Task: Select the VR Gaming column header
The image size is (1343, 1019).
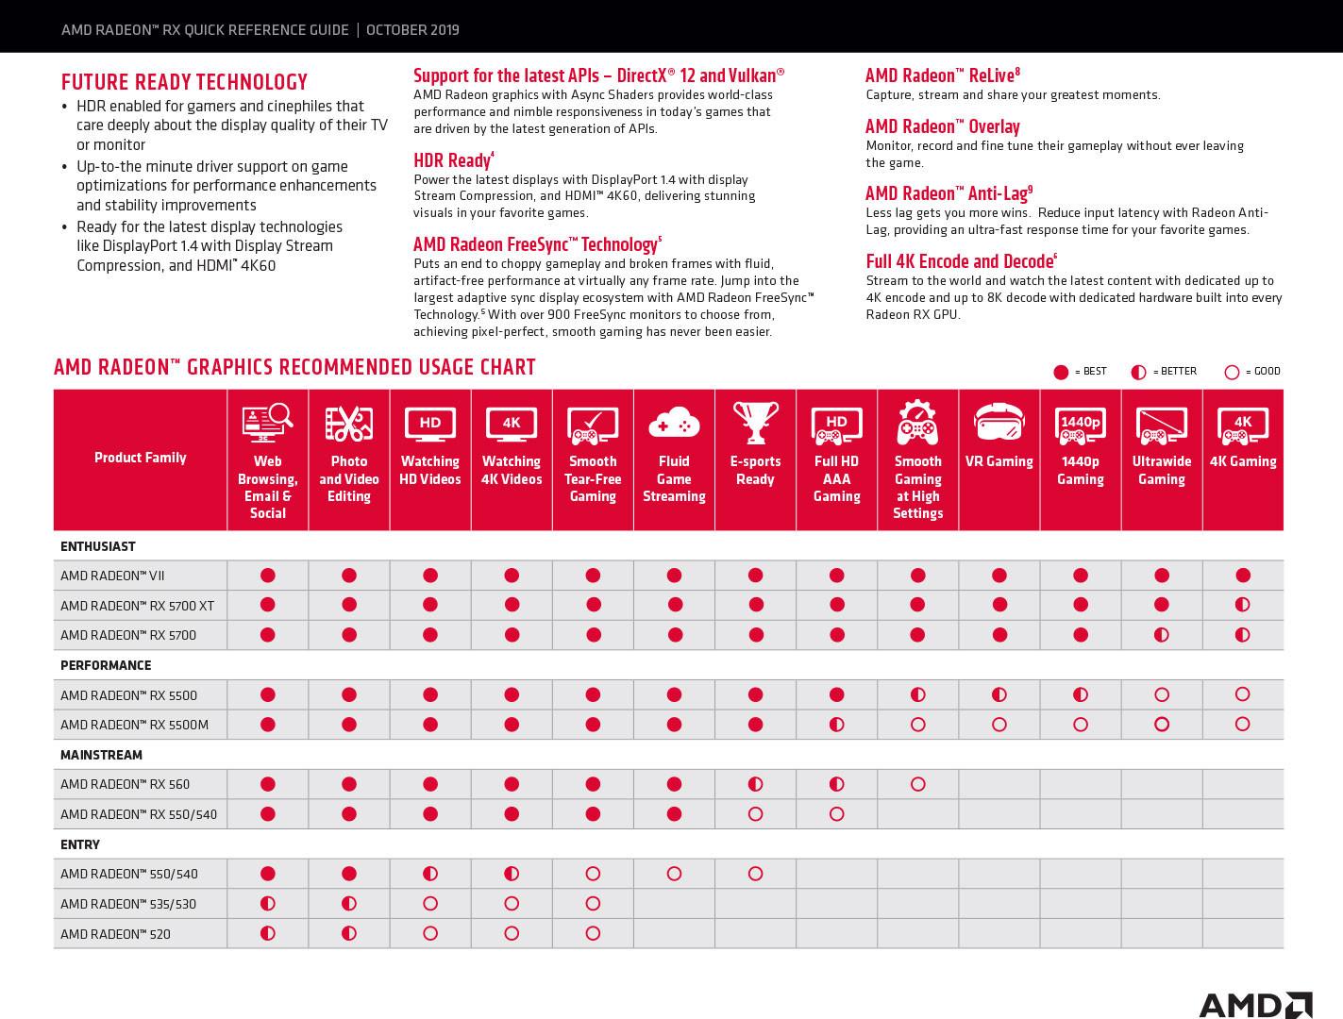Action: (x=999, y=461)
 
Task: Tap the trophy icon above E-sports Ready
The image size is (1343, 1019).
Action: (x=755, y=423)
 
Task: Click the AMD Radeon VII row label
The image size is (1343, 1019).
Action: (x=112, y=576)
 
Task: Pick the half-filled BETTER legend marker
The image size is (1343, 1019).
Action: (x=1138, y=372)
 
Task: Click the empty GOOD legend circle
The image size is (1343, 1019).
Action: (x=1231, y=372)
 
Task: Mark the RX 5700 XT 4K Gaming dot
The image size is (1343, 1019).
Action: (x=1242, y=604)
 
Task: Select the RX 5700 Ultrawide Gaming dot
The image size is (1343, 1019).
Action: (x=1161, y=635)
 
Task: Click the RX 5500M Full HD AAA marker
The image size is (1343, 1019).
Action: (x=836, y=725)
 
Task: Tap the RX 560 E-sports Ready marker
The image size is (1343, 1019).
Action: (x=755, y=784)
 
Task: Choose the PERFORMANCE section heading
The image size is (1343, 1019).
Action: (x=106, y=665)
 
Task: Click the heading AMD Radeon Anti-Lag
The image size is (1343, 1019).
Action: (x=948, y=193)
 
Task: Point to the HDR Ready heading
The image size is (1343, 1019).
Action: (x=452, y=160)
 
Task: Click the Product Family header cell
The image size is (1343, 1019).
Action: (x=141, y=458)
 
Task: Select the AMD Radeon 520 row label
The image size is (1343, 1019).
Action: (x=115, y=934)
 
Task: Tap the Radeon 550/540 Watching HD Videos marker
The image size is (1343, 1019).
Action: (x=430, y=874)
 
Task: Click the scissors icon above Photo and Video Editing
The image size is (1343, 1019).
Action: (x=348, y=424)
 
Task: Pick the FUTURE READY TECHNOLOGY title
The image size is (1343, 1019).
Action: (x=184, y=82)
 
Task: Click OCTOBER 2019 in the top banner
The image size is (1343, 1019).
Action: (x=412, y=29)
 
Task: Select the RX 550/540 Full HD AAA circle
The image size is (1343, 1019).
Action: (x=836, y=813)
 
